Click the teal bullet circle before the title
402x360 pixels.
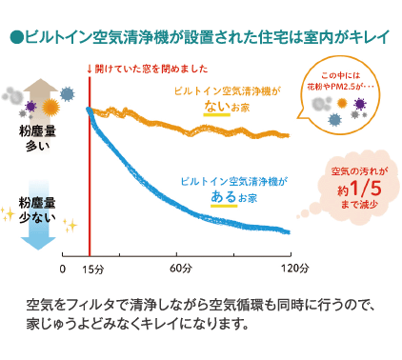tap(14, 39)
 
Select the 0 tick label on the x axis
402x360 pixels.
tap(62, 269)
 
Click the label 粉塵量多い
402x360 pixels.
tap(38, 138)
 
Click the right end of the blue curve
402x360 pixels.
tap(289, 231)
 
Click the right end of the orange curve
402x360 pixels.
tap(289, 135)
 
